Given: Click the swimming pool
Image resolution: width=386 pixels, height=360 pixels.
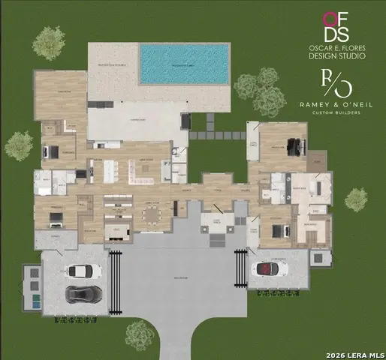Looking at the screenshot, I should click(x=184, y=63).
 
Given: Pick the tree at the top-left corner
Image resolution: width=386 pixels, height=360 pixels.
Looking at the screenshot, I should click(x=49, y=43).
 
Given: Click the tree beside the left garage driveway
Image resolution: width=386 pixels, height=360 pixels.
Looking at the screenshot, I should click(x=140, y=334).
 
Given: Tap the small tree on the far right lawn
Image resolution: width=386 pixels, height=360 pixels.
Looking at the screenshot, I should click(x=356, y=199).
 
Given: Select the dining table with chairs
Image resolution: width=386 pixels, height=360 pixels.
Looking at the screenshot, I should click(x=152, y=215).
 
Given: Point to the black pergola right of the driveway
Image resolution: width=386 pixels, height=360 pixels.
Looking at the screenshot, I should click(x=240, y=268).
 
